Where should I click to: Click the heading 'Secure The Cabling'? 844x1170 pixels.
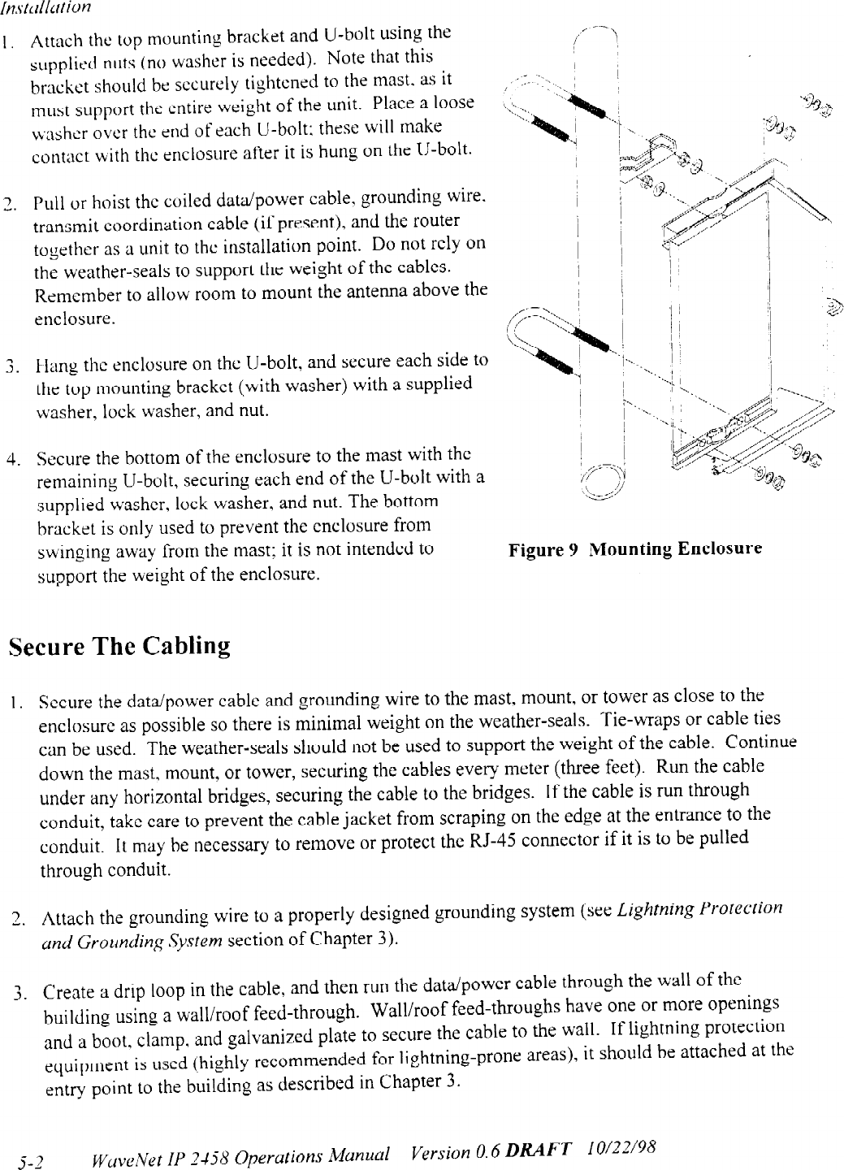[x=119, y=648]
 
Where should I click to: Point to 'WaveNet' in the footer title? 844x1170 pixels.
[x=125, y=1156]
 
